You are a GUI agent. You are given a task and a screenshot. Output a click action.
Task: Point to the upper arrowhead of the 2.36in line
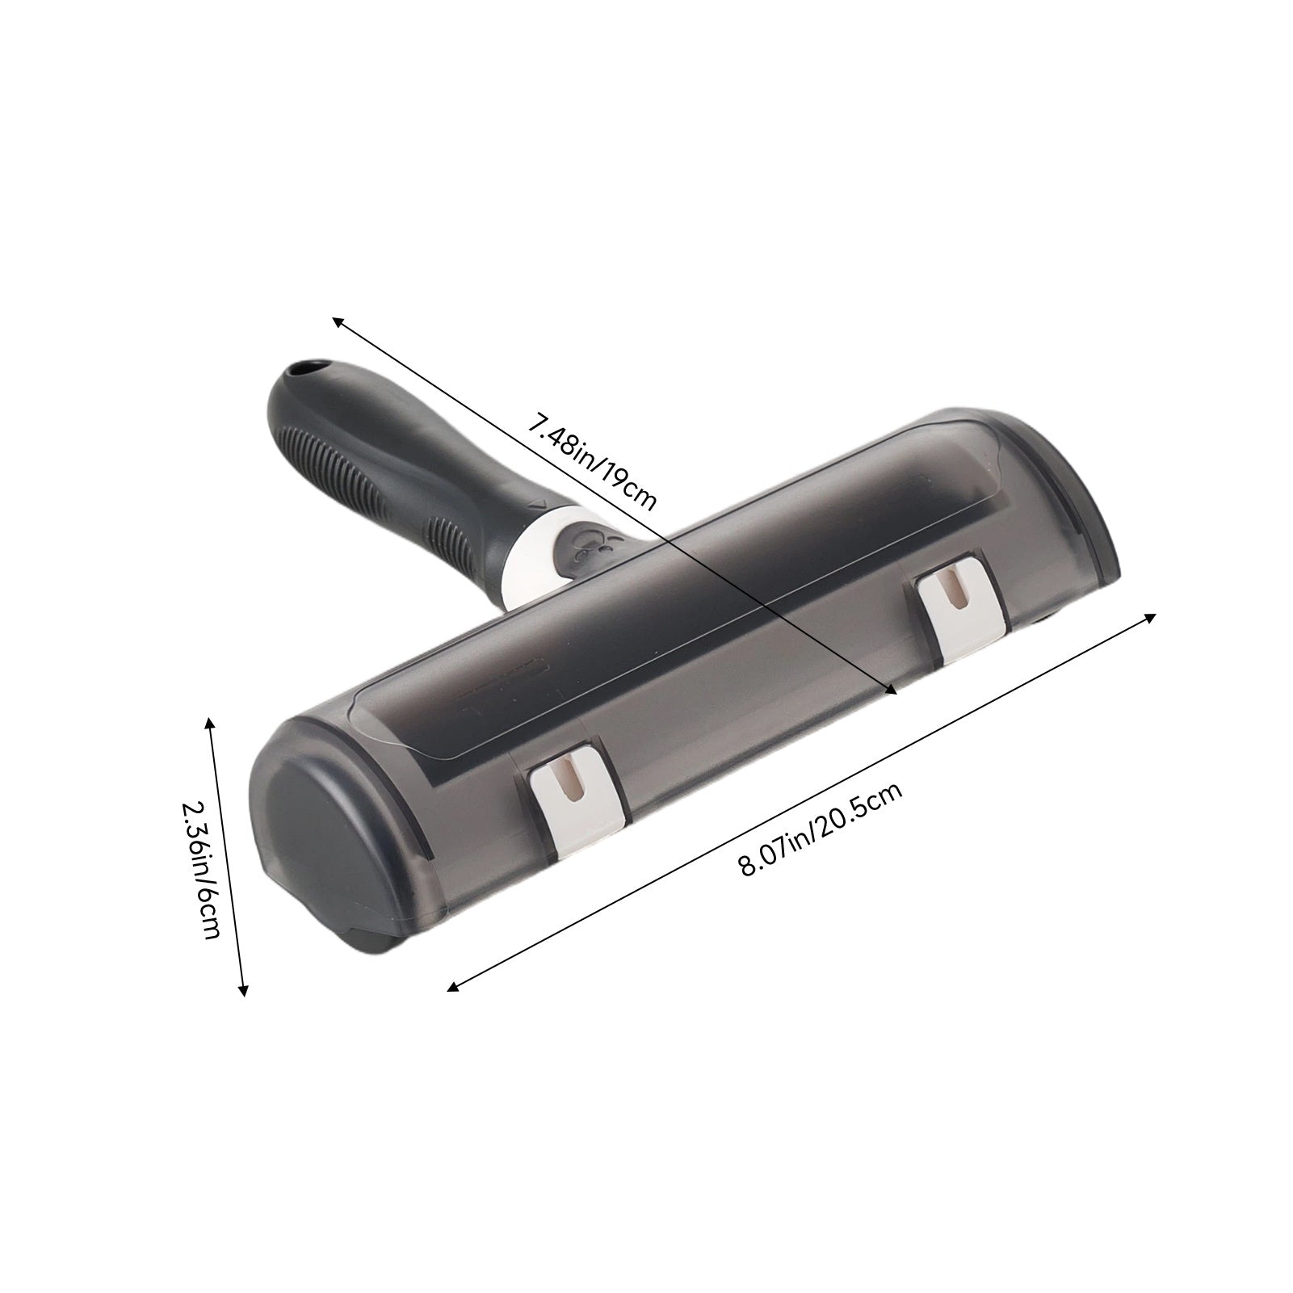[212, 720]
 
